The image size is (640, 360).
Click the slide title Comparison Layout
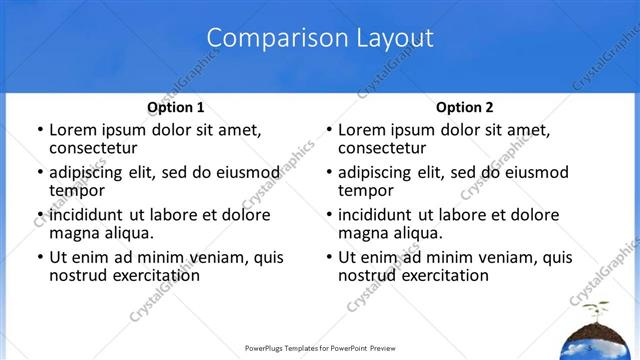click(x=320, y=39)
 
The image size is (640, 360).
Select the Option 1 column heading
click(x=175, y=107)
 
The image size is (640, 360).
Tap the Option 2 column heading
click(x=464, y=107)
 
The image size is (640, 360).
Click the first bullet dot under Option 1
click(x=39, y=130)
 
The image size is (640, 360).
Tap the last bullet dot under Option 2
click(x=328, y=258)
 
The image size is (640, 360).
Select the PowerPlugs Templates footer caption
click(x=320, y=349)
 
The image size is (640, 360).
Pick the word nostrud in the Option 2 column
click(x=364, y=275)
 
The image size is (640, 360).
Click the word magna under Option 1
click(x=73, y=233)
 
